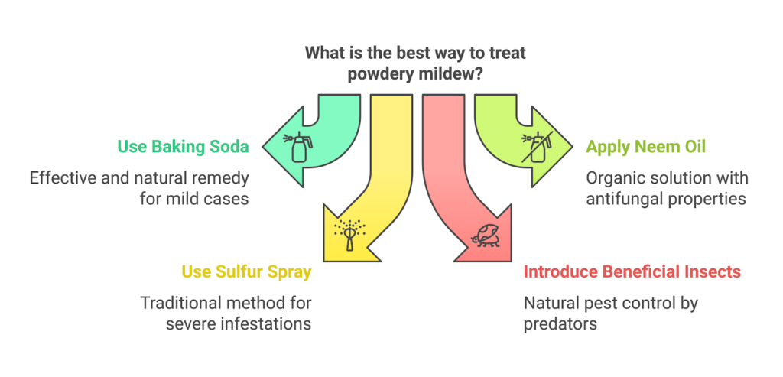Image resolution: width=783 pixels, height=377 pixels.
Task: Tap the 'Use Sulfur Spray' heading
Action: click(245, 271)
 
